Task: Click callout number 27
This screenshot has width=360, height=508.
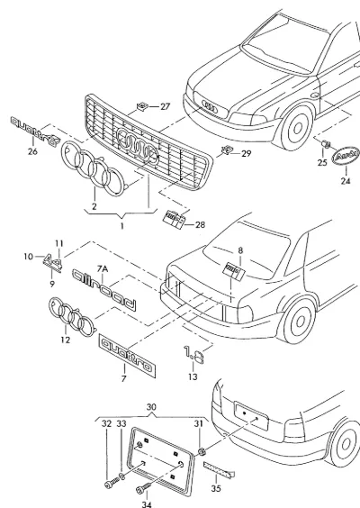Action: pyautogui.click(x=165, y=106)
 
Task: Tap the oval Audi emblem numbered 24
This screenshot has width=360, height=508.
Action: pyautogui.click(x=346, y=157)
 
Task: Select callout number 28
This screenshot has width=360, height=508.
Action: pyautogui.click(x=200, y=224)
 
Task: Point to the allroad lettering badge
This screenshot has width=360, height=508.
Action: pyautogui.click(x=103, y=290)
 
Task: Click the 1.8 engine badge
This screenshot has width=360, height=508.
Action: pyautogui.click(x=193, y=355)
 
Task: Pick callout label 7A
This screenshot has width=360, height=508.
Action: pyautogui.click(x=103, y=268)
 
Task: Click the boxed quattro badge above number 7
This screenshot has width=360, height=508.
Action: pyautogui.click(x=127, y=356)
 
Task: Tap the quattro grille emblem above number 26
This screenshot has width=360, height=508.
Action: pyautogui.click(x=35, y=131)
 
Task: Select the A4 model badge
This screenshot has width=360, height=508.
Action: pyautogui.click(x=53, y=262)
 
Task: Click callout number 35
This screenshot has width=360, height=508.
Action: pyautogui.click(x=216, y=488)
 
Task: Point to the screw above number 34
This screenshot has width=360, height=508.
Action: pyautogui.click(x=144, y=488)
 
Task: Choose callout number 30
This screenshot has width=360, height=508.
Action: pyautogui.click(x=151, y=407)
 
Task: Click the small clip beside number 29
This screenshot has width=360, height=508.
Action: pyautogui.click(x=227, y=150)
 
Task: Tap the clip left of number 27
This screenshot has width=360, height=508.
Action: pyautogui.click(x=141, y=106)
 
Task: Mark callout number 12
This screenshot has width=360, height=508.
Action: pyautogui.click(x=66, y=340)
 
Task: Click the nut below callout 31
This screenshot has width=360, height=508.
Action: pyautogui.click(x=202, y=451)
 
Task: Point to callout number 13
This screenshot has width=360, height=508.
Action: pyautogui.click(x=193, y=376)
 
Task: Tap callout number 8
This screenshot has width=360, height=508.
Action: pyautogui.click(x=240, y=250)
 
